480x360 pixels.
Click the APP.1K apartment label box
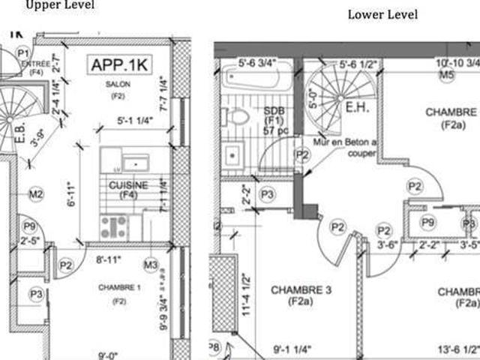click(120, 65)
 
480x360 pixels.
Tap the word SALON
click(118, 85)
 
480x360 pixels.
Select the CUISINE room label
click(128, 184)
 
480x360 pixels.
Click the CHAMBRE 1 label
click(119, 288)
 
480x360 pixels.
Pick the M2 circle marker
click(35, 195)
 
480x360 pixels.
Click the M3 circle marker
click(151, 264)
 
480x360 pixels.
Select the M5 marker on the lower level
click(447, 76)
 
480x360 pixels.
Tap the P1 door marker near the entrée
click(22, 53)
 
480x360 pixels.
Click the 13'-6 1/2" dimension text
click(457, 349)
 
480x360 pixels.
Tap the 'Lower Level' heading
click(382, 14)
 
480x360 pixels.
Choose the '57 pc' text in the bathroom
click(272, 130)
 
